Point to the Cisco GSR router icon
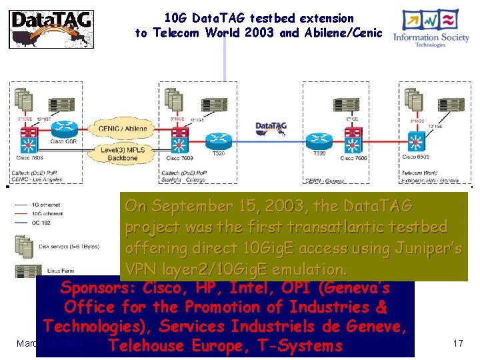pos(65,128)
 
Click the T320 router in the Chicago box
pos(217,141)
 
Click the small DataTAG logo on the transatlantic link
pos(271,127)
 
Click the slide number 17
pos(457,343)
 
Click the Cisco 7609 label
pos(175,159)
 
